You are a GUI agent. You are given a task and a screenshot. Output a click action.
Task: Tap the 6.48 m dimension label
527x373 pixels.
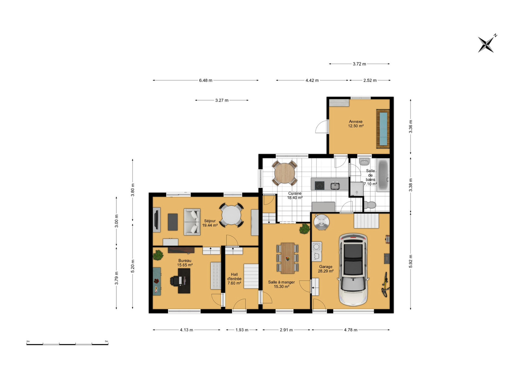[206, 80]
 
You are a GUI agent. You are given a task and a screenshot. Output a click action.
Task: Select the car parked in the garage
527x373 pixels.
[353, 269]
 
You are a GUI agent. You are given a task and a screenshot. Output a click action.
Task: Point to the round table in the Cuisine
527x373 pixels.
[284, 173]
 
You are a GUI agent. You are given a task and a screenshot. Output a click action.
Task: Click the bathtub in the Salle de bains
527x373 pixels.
[383, 175]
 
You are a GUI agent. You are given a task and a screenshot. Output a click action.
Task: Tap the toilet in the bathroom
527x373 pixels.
[370, 205]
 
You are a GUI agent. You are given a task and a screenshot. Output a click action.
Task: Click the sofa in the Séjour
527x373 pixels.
[192, 222]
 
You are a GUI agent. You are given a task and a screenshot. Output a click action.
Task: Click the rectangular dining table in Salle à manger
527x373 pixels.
[287, 258]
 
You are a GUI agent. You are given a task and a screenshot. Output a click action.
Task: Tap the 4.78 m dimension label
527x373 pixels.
[350, 330]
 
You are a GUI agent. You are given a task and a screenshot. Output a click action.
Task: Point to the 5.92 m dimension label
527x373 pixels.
[410, 261]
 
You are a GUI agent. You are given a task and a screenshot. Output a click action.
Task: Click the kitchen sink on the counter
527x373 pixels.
[335, 185]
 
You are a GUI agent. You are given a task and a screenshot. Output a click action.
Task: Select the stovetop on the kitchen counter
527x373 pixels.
[320, 185]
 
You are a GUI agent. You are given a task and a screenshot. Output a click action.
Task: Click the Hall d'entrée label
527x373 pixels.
[234, 279]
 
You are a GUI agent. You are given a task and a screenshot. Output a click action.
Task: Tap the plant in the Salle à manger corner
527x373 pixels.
[305, 229]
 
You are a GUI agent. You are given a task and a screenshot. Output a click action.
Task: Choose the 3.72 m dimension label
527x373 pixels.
[359, 64]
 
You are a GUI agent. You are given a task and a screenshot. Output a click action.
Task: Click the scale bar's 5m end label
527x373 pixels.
[106, 341]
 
